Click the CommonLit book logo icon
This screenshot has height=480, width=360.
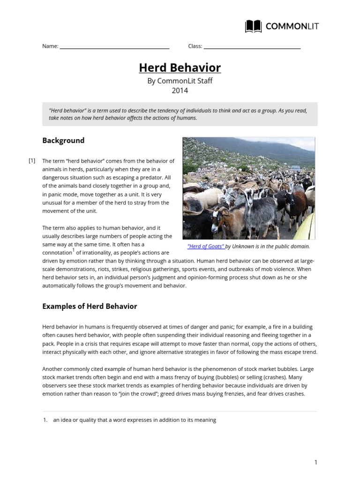click(x=253, y=26)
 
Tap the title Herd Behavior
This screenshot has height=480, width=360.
click(x=180, y=68)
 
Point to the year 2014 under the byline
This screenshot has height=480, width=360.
click(x=180, y=91)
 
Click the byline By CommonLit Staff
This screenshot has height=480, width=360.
click(x=180, y=81)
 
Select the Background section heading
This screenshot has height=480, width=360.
click(x=63, y=140)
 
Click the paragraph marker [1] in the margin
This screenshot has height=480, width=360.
click(x=32, y=161)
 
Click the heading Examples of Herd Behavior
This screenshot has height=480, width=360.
click(x=90, y=306)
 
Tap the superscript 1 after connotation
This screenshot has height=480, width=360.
click(x=73, y=250)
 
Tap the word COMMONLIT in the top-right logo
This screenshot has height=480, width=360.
click(x=292, y=26)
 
